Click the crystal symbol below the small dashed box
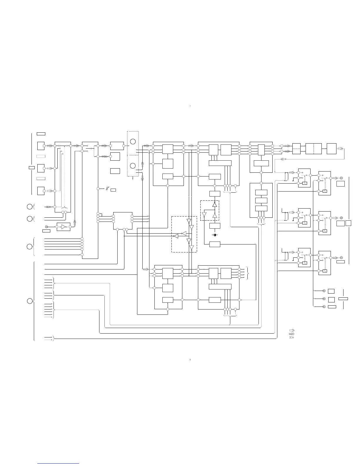215,235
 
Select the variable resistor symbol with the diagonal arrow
107,189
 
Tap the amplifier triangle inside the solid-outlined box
63,227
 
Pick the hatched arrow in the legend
292,334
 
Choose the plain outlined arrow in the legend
292,330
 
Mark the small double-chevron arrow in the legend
292,337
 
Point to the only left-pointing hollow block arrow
284,159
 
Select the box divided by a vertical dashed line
314,149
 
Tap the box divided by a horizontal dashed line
296,149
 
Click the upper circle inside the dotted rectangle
133,142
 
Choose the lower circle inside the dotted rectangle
133,165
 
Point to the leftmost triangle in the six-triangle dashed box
176,236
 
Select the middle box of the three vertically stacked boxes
261,200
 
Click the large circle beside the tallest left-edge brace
29,301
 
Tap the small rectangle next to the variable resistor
113,190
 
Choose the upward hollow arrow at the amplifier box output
75,222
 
